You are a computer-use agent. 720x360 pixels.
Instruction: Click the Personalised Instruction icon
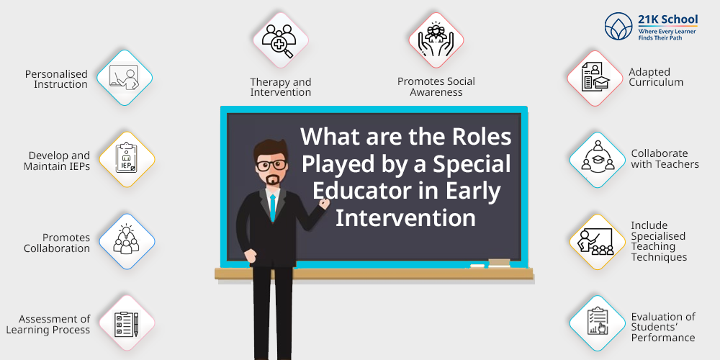pyautogui.click(x=125, y=78)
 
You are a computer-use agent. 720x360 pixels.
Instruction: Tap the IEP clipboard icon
pyautogui.click(x=127, y=159)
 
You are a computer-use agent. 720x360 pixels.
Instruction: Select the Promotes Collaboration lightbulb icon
pyautogui.click(x=126, y=240)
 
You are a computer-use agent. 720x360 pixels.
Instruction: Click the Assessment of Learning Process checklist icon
pyautogui.click(x=126, y=323)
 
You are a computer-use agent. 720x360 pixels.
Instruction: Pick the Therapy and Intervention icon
pyautogui.click(x=279, y=40)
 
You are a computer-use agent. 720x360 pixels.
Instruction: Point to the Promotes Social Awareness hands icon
pyautogui.click(x=436, y=39)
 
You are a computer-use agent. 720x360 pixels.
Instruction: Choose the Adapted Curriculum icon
pyautogui.click(x=595, y=78)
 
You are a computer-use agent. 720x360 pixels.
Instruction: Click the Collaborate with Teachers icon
pyautogui.click(x=598, y=159)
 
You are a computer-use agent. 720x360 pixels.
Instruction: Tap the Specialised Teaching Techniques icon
pyautogui.click(x=595, y=241)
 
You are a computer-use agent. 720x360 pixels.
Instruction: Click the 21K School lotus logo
pyautogui.click(x=618, y=26)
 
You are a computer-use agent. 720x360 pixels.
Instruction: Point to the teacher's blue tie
pyautogui.click(x=273, y=207)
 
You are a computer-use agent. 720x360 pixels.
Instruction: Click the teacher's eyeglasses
pyautogui.click(x=271, y=165)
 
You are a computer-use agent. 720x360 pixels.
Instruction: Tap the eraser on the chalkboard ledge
pyautogui.click(x=499, y=263)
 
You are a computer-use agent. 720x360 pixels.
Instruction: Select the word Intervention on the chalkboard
pyautogui.click(x=405, y=217)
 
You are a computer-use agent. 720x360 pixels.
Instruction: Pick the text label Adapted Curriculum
pyautogui.click(x=656, y=77)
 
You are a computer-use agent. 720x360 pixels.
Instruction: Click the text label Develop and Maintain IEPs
pyautogui.click(x=56, y=161)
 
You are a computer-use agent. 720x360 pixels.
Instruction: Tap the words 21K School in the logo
pyautogui.click(x=667, y=19)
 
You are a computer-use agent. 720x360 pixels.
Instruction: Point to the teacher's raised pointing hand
pyautogui.click(x=324, y=204)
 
